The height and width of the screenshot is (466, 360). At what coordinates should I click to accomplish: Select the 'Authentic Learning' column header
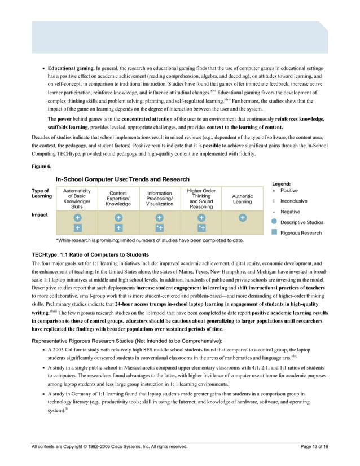(242, 199)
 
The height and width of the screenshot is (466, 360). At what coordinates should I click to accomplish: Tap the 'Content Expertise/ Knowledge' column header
(118, 199)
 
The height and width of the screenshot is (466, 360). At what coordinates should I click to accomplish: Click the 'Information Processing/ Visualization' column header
(160, 199)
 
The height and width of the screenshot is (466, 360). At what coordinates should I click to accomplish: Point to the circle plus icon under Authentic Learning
(242, 218)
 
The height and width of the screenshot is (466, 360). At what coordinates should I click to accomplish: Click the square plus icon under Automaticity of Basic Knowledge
(77, 228)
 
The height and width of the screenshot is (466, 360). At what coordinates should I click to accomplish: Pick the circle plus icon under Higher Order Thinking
(201, 218)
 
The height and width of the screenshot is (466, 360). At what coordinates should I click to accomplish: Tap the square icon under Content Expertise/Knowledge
(118, 228)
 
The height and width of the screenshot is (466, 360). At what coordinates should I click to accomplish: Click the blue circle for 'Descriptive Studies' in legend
(274, 222)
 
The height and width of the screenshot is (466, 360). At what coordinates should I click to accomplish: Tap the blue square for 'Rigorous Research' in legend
(274, 232)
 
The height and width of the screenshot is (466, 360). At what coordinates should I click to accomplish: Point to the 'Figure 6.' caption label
(41, 166)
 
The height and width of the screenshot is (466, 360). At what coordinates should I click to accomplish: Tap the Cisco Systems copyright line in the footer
(109, 447)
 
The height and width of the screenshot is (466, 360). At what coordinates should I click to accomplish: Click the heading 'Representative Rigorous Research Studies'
(126, 342)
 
